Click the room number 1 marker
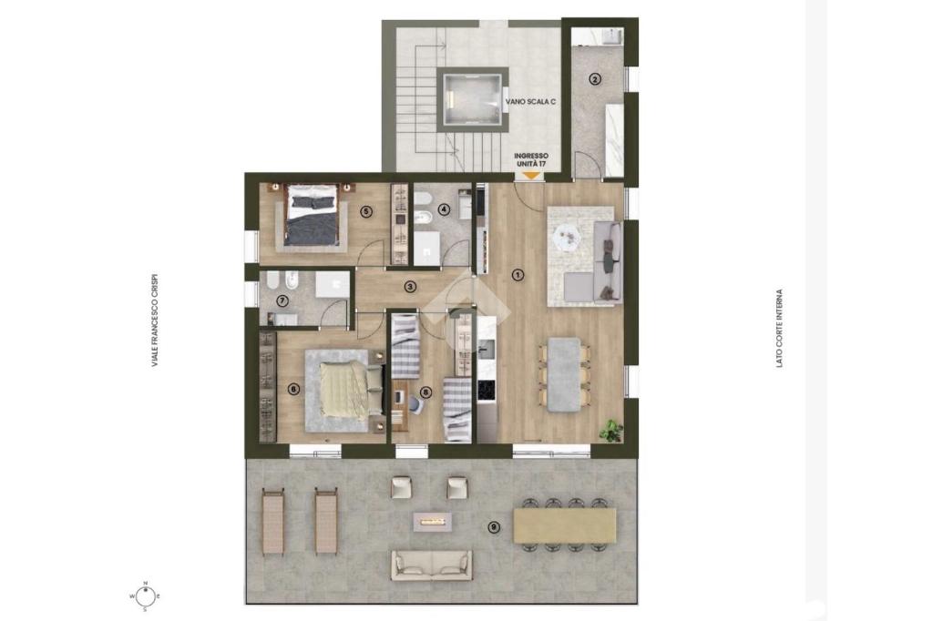pyautogui.click(x=518, y=275)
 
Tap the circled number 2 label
pyautogui.click(x=594, y=78)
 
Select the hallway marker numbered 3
pyautogui.click(x=409, y=287)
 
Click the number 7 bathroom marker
pyautogui.click(x=282, y=301)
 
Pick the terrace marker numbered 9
pyautogui.click(x=493, y=526)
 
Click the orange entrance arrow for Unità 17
pyautogui.click(x=530, y=176)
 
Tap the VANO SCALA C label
pyautogui.click(x=531, y=102)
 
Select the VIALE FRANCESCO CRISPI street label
pyautogui.click(x=155, y=320)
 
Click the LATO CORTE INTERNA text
pyautogui.click(x=780, y=329)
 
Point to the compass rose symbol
pyautogui.click(x=145, y=595)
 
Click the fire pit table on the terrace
pyautogui.click(x=433, y=522)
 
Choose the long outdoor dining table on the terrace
pyautogui.click(x=565, y=524)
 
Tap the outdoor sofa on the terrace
pyautogui.click(x=432, y=565)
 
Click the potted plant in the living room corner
pyautogui.click(x=611, y=429)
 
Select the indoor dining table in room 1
pyautogui.click(x=563, y=375)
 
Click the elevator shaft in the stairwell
pyautogui.click(x=474, y=98)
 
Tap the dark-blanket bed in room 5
pyautogui.click(x=313, y=214)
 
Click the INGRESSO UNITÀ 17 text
pyautogui.click(x=531, y=159)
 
